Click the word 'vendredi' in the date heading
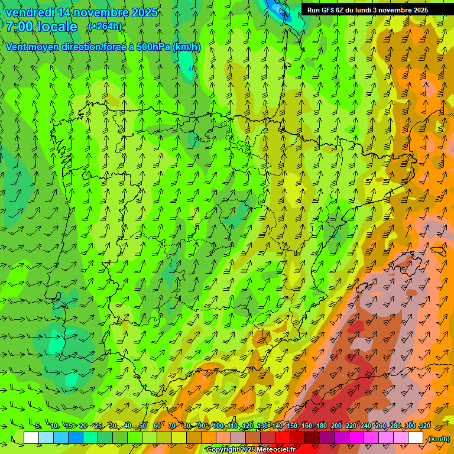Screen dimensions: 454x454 pyautogui.click(x=29, y=12)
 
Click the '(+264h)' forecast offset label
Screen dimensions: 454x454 pyautogui.click(x=105, y=27)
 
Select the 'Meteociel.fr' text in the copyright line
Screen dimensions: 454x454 pyautogui.click(x=276, y=450)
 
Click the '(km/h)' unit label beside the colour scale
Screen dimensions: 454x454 pyautogui.click(x=438, y=439)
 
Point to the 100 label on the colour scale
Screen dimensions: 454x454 pyautogui.click(x=218, y=426)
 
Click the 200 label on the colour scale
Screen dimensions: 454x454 pyautogui.click(x=336, y=426)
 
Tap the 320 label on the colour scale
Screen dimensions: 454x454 pyautogui.click(x=424, y=426)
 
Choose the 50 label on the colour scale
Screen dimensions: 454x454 pyautogui.click(x=142, y=426)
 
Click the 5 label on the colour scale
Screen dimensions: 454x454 pyautogui.click(x=38, y=426)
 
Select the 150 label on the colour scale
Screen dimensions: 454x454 pyautogui.click(x=292, y=426)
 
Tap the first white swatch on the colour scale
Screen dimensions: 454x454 pyautogui.click(x=31, y=438)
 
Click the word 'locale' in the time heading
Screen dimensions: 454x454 pyautogui.click(x=56, y=27)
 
